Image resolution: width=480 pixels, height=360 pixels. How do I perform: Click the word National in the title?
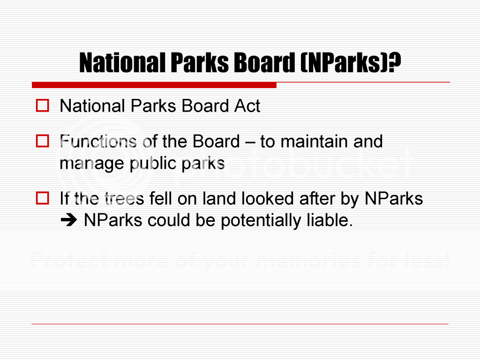point(122,62)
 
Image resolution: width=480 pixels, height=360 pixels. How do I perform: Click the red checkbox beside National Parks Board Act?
point(43,105)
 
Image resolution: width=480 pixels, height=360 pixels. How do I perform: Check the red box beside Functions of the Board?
point(43,141)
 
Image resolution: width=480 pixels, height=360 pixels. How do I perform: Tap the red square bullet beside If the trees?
point(43,198)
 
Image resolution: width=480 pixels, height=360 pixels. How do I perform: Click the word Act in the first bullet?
point(247,106)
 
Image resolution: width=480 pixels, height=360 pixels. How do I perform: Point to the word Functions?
point(98,142)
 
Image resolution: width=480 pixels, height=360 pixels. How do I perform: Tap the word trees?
point(124,198)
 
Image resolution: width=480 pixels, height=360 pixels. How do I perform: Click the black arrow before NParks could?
point(69,220)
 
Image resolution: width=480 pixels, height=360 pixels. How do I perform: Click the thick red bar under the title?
point(154,85)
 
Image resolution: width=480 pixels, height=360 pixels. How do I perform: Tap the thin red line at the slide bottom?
point(240,323)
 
